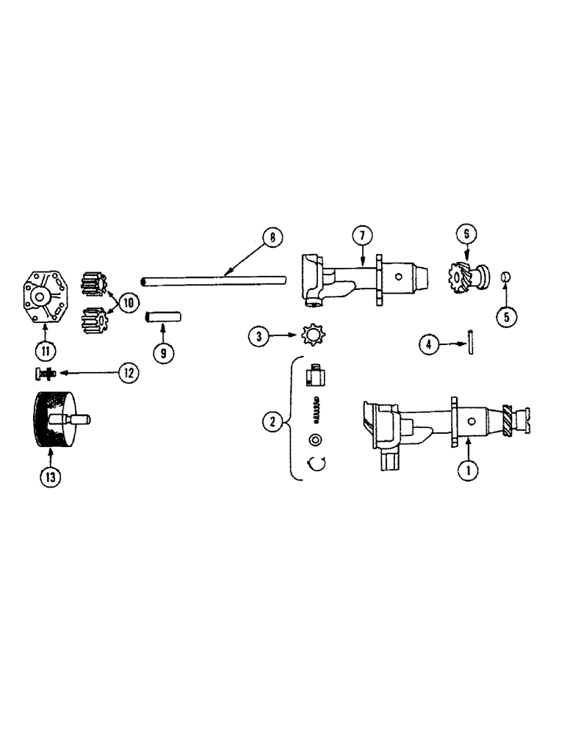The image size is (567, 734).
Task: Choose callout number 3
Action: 258,338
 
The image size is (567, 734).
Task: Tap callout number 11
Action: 46,350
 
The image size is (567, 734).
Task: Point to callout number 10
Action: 129,302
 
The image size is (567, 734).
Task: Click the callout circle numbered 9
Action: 163,352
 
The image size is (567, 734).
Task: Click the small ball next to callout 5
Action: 505,277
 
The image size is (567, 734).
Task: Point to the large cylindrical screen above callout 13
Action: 54,426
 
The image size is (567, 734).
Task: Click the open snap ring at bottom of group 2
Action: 317,462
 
